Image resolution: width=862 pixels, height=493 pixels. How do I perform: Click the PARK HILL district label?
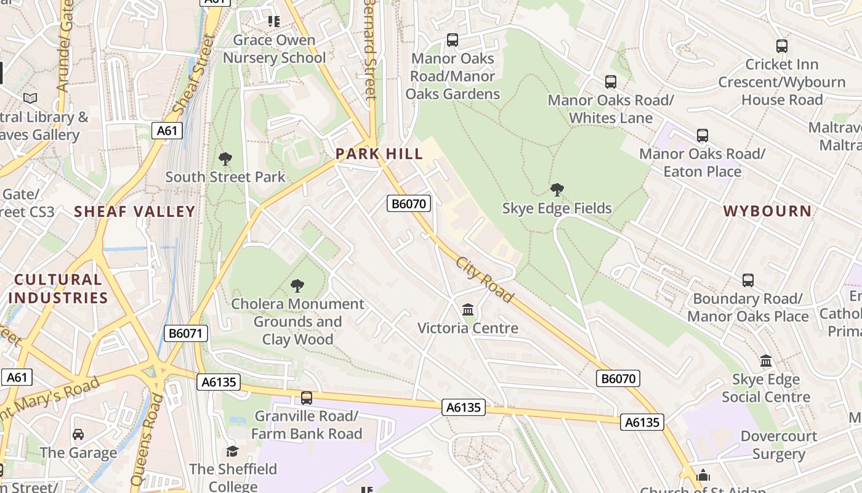pyautogui.click(x=379, y=154)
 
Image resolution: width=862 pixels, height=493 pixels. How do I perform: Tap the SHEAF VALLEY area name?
pyautogui.click(x=134, y=212)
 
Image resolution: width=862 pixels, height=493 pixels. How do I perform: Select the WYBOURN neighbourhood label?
pyautogui.click(x=767, y=211)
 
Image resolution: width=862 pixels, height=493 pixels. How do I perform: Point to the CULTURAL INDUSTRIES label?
pyautogui.click(x=58, y=289)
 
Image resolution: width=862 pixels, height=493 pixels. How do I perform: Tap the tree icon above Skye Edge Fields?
pyautogui.click(x=557, y=190)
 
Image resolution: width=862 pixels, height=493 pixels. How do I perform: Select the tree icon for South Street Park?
pyautogui.click(x=225, y=159)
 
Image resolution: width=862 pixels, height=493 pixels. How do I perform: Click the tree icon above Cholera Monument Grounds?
pyautogui.click(x=297, y=286)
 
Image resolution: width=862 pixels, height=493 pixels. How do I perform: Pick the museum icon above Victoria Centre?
pyautogui.click(x=468, y=309)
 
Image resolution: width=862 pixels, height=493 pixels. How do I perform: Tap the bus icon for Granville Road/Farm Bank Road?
pyautogui.click(x=307, y=398)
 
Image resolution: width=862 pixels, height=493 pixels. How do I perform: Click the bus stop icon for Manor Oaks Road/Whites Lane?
pyautogui.click(x=611, y=82)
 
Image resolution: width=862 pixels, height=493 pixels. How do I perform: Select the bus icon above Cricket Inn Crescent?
pyautogui.click(x=782, y=46)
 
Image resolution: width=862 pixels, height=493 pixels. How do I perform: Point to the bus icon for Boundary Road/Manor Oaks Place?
pyautogui.click(x=748, y=280)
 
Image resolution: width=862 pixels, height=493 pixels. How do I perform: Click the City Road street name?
pyautogui.click(x=485, y=280)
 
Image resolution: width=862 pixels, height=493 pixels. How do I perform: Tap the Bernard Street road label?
pyautogui.click(x=370, y=49)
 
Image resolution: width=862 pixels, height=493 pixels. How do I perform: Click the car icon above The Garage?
pyautogui.click(x=78, y=434)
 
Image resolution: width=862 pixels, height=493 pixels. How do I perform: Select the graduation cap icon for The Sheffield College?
pyautogui.click(x=232, y=452)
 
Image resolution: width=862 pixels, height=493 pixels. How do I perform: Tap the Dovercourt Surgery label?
pyautogui.click(x=779, y=446)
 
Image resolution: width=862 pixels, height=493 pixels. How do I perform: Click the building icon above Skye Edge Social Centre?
pyautogui.click(x=766, y=361)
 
